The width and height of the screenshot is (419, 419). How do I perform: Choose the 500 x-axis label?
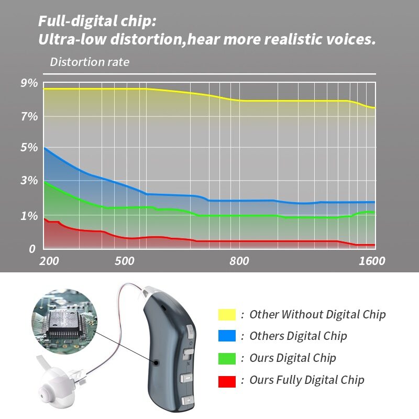(124, 261)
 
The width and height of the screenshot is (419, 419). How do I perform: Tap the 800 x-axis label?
(239, 261)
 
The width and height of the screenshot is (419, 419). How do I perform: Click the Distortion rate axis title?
(90, 62)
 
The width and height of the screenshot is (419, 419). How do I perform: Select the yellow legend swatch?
(227, 314)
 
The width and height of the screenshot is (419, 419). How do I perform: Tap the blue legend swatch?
(227, 336)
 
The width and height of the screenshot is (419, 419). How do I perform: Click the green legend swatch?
(227, 358)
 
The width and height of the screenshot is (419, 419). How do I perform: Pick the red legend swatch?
(227, 380)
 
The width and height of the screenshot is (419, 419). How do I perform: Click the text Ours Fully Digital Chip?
(306, 380)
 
